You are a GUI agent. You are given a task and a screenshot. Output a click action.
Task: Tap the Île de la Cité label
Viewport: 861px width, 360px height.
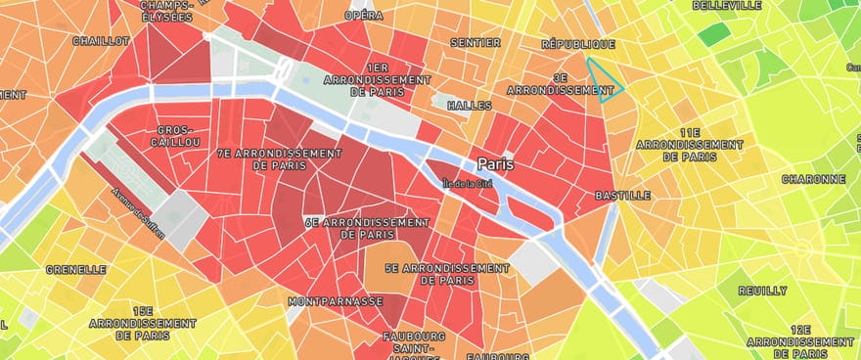click(468, 183)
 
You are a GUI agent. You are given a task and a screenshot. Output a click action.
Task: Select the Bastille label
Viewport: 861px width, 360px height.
click(622, 196)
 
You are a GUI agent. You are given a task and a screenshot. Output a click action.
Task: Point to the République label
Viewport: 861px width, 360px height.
click(578, 44)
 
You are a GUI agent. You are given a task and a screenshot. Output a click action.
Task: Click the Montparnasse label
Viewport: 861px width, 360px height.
click(335, 301)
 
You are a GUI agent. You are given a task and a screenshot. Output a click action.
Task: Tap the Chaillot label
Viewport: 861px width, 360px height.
click(101, 41)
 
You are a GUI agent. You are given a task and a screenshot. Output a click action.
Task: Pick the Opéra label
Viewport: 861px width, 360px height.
click(364, 17)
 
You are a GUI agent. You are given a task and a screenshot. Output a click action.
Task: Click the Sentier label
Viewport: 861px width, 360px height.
click(476, 42)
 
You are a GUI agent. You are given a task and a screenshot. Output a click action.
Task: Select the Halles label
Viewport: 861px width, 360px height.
click(469, 105)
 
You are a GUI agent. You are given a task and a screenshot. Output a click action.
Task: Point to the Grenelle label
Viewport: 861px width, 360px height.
click(75, 269)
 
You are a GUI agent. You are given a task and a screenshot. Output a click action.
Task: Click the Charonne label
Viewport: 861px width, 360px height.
click(813, 179)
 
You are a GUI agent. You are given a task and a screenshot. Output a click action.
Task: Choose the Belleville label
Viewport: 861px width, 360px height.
click(727, 5)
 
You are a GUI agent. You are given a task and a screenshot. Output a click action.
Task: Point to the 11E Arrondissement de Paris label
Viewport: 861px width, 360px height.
click(690, 144)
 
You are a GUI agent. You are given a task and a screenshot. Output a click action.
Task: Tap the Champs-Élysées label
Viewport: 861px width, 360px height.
click(164, 11)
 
